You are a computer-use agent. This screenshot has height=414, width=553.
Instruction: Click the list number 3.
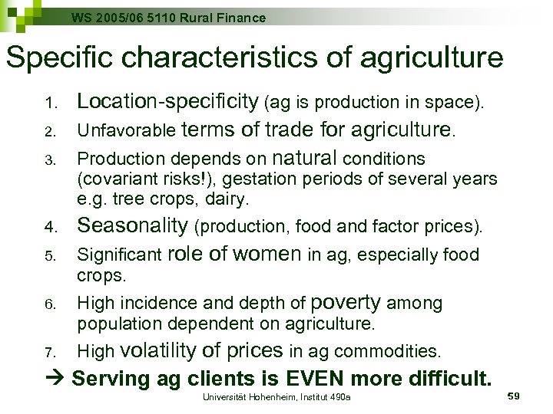(51, 160)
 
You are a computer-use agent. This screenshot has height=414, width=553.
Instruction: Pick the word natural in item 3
(305, 159)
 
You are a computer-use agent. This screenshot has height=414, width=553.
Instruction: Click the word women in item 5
(267, 254)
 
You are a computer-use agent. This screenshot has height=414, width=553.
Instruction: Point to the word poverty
(346, 303)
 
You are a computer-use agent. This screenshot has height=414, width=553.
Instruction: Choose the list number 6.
(51, 304)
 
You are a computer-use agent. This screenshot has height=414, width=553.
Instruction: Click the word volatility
(158, 351)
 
